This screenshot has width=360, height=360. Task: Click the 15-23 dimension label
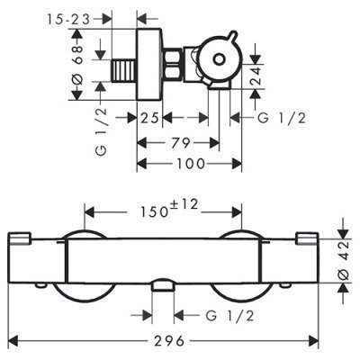68,20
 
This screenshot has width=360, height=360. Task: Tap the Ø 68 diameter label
78,66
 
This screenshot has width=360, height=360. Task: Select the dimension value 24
256,76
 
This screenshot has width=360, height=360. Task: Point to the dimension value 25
149,118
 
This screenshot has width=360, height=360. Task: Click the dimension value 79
181,142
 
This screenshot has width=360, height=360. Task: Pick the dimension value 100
191,164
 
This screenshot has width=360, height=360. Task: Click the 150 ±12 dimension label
169,208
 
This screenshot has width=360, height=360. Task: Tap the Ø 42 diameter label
344,260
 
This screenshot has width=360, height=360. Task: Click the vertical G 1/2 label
103,131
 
